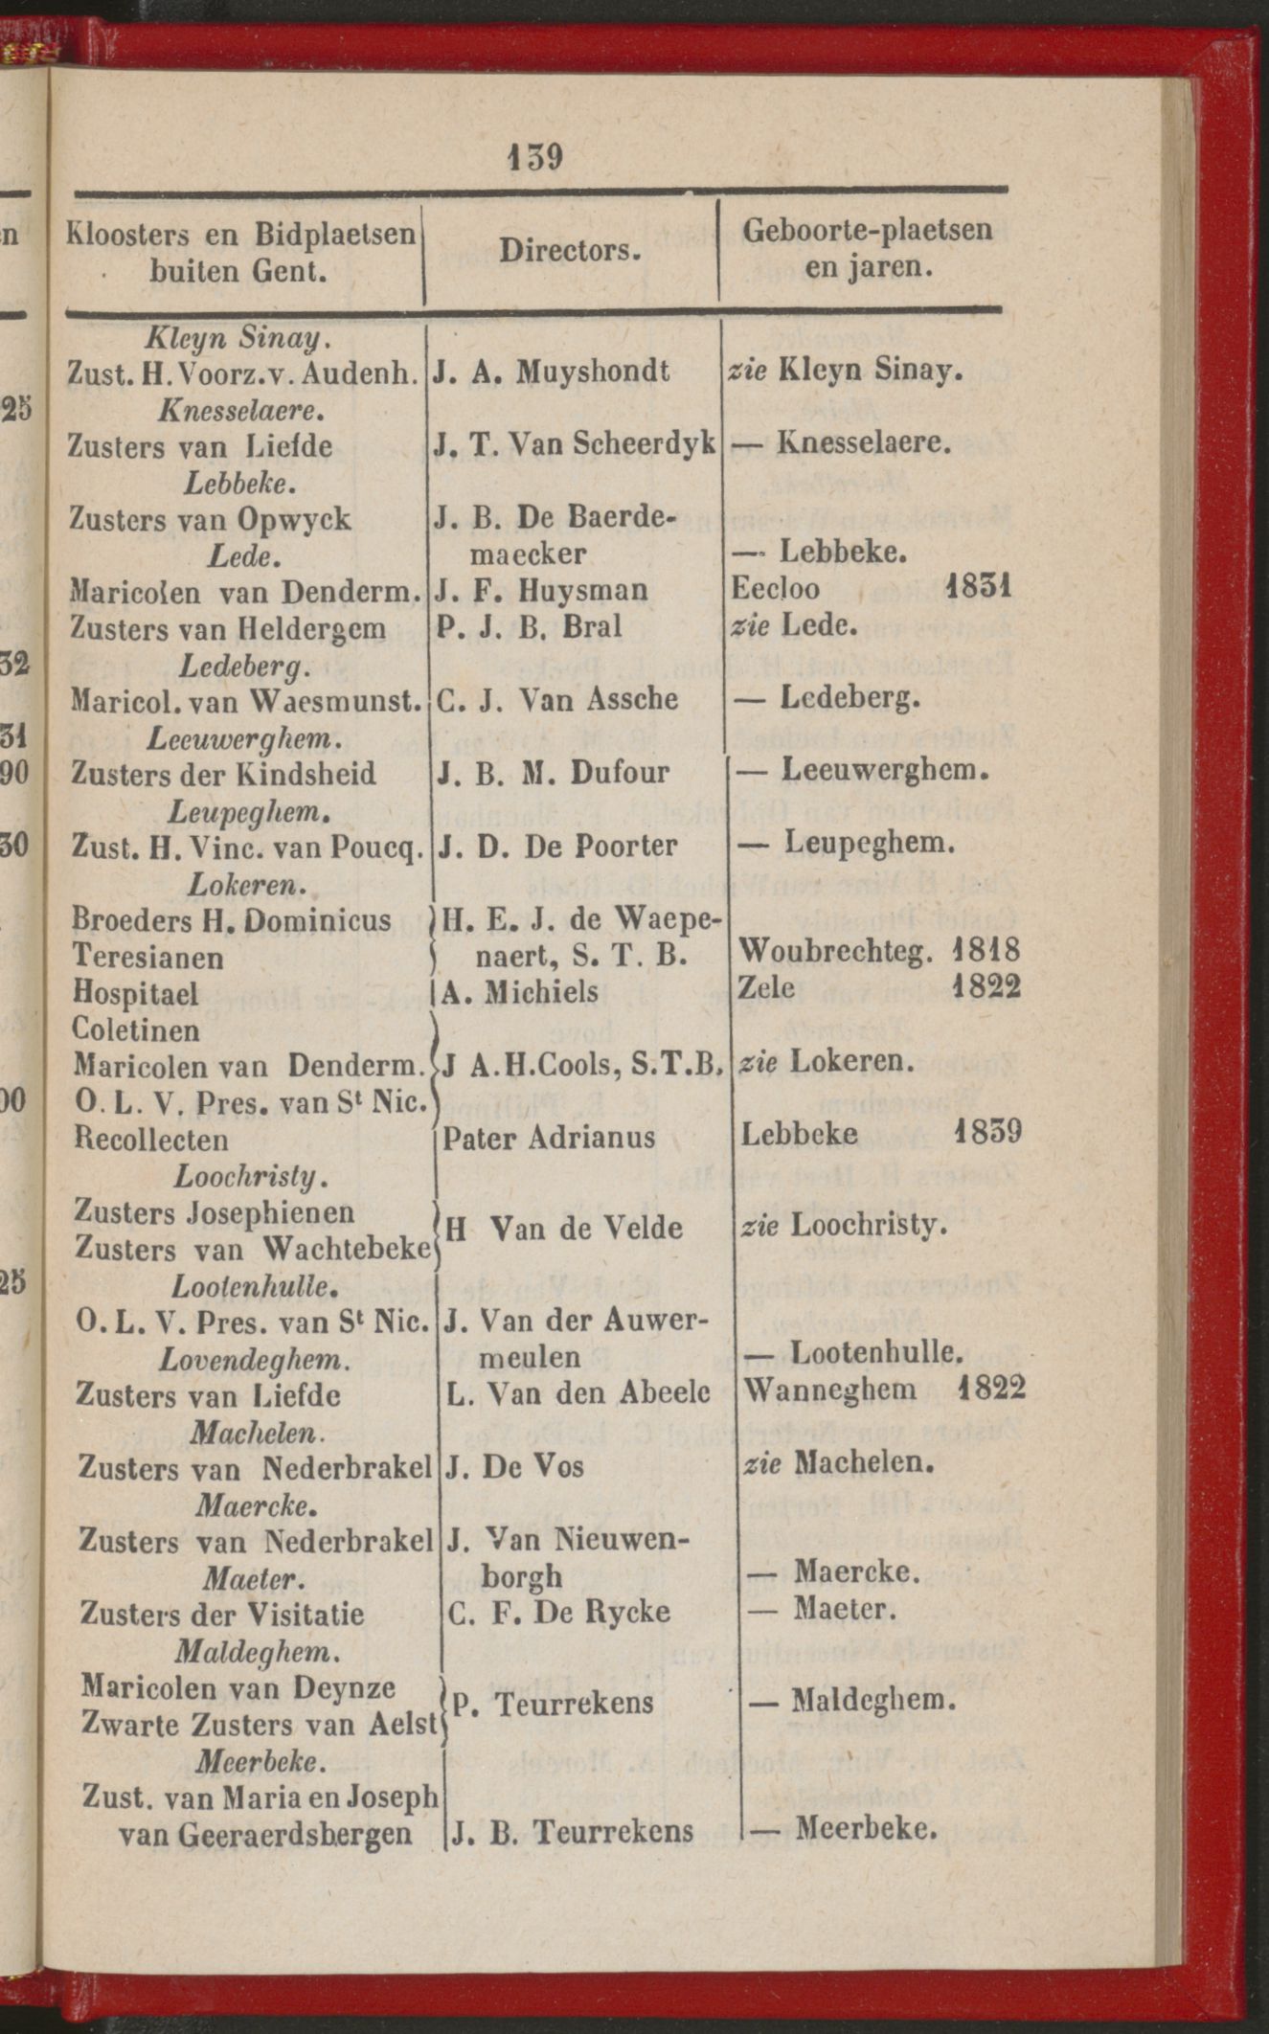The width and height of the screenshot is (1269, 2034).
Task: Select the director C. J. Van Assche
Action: [557, 699]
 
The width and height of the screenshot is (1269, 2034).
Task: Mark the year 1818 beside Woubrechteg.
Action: [986, 953]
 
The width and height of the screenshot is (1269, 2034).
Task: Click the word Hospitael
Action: [136, 993]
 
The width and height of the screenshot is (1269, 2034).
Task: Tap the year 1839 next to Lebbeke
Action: [989, 1134]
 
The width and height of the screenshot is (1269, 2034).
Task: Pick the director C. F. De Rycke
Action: [558, 1612]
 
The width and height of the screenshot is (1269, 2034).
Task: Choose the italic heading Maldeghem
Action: [257, 1651]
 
